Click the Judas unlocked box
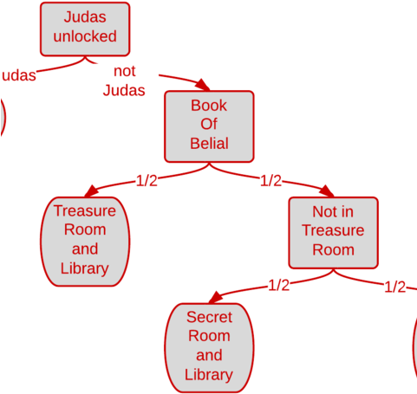(84, 28)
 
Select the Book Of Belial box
(209, 126)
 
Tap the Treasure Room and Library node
(84, 240)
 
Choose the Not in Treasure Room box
(333, 231)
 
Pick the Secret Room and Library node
(209, 346)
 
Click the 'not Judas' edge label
(124, 81)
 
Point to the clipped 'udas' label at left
(18, 75)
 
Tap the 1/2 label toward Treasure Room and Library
(147, 180)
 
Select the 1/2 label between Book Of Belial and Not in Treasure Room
(271, 180)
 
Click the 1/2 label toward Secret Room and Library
(279, 285)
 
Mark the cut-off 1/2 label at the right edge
(395, 287)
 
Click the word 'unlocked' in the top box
(84, 37)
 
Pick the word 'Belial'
(209, 144)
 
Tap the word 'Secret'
(209, 318)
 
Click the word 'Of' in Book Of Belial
(209, 125)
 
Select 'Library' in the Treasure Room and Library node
(84, 268)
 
